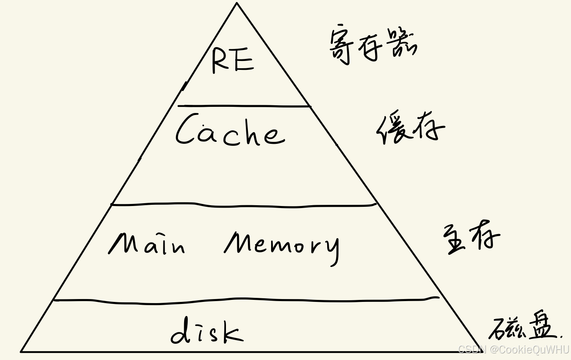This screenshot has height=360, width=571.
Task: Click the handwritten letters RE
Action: (232, 60)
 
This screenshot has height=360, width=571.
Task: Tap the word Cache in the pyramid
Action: (230, 130)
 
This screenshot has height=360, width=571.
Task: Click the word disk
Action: (207, 332)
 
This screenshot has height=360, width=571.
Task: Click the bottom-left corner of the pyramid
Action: (22, 351)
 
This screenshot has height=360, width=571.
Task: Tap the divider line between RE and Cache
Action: (244, 106)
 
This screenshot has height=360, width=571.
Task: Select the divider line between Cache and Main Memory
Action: (244, 206)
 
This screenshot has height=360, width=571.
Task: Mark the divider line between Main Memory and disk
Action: (244, 301)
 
